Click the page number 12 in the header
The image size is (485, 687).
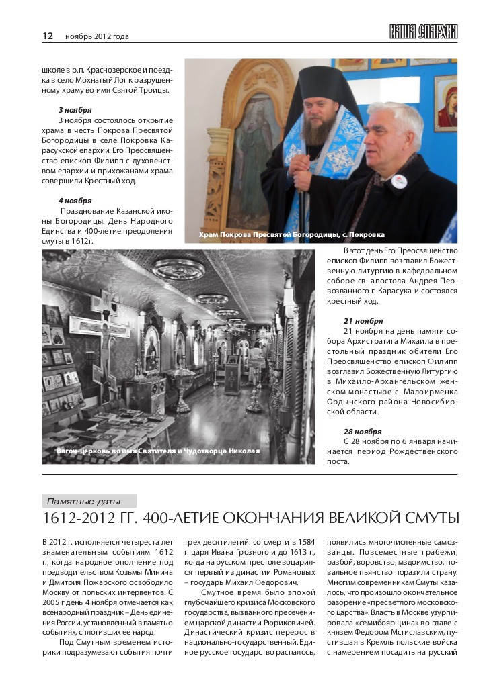(x=47, y=36)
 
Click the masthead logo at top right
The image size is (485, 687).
(x=423, y=32)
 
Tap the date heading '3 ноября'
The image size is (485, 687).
(x=75, y=109)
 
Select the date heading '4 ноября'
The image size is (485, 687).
(x=75, y=200)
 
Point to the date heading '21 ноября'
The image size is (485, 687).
(x=363, y=321)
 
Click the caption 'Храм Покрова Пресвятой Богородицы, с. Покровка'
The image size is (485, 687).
(x=292, y=235)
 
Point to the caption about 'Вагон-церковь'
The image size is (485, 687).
(x=158, y=451)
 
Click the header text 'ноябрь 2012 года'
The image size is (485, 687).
(x=97, y=36)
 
